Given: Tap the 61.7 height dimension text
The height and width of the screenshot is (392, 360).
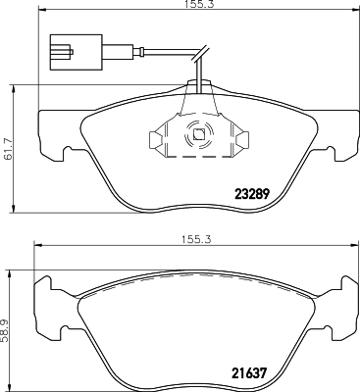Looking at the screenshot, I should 9,150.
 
